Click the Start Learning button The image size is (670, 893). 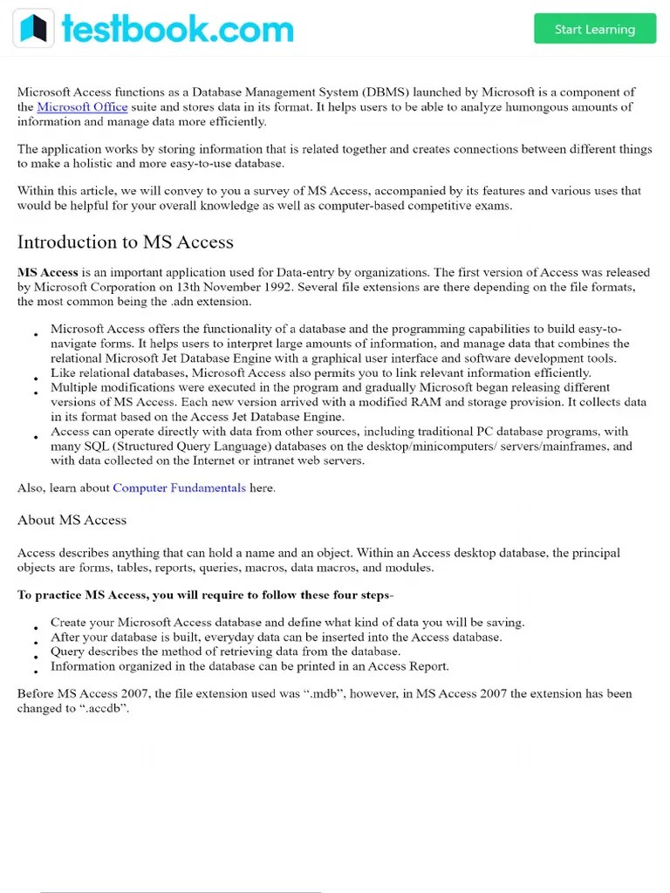594,29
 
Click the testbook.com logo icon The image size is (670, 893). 33,29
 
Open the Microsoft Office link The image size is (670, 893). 82,107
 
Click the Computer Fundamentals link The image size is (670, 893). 179,488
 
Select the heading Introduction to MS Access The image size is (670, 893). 125,242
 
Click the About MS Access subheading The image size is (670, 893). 72,521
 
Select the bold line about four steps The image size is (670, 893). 205,596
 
